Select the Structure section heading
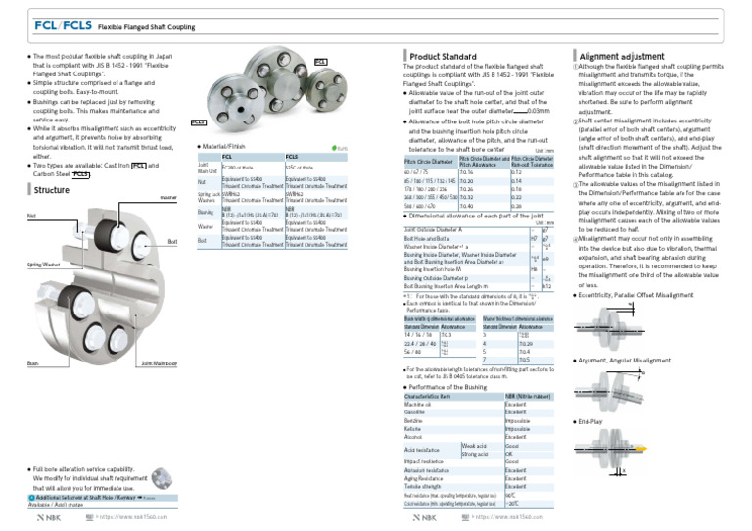tap(52, 190)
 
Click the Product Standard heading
tap(443, 57)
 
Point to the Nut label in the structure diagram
tap(32, 215)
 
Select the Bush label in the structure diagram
tap(32, 362)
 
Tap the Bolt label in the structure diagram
tap(172, 241)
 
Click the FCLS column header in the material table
tap(292, 156)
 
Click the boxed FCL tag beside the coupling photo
tap(320, 62)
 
